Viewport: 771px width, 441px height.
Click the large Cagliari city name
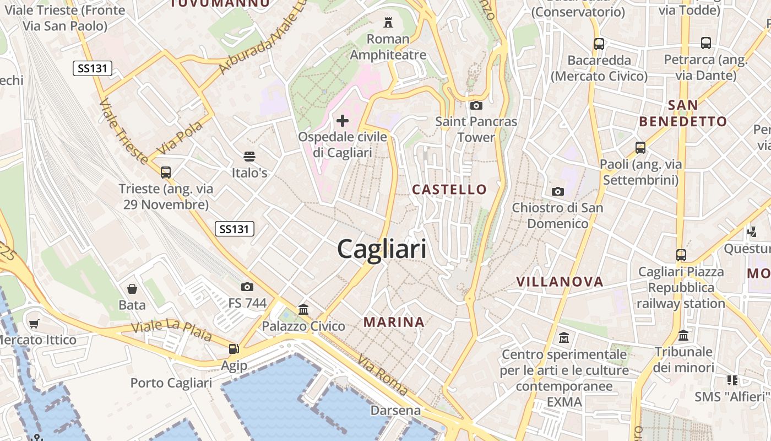point(382,249)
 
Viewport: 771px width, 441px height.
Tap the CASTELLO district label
point(450,190)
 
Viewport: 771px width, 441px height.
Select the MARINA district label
point(394,322)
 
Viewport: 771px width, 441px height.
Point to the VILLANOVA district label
point(560,282)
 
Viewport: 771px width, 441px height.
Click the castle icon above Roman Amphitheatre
point(388,23)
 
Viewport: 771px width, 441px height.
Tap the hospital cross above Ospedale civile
point(343,120)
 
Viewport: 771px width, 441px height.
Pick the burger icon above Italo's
point(249,157)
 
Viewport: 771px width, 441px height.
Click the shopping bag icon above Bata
point(132,288)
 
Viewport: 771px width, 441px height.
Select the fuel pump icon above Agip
point(234,348)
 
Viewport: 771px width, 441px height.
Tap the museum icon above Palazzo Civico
point(303,309)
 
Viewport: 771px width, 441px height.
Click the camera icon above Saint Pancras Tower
point(476,105)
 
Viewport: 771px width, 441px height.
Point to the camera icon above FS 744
point(247,287)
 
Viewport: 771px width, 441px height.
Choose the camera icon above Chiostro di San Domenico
point(558,191)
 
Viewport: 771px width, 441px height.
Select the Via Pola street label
point(181,138)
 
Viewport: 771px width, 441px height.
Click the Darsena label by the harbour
point(395,410)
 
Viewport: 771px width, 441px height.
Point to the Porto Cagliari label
point(171,383)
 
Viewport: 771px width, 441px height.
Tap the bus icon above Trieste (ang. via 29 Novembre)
point(166,172)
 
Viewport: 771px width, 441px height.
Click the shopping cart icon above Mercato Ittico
point(34,324)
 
